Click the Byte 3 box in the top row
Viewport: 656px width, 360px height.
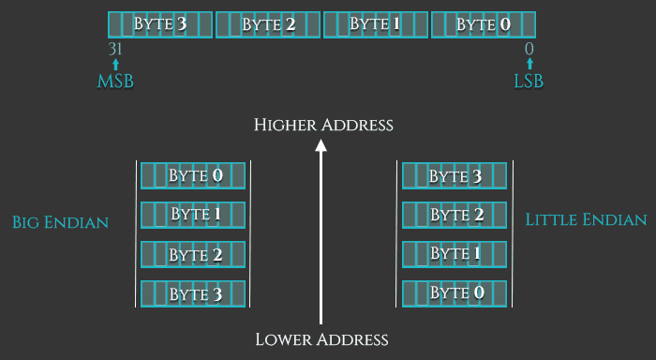coord(161,24)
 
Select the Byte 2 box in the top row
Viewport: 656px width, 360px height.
coord(268,24)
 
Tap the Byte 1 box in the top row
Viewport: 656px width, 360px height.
coord(376,24)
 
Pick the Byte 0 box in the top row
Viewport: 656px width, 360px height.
coord(484,24)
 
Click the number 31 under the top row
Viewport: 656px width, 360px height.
coord(116,49)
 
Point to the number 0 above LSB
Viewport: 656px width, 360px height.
coord(529,49)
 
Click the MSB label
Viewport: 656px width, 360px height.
coord(115,82)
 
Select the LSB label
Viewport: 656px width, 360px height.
coord(529,82)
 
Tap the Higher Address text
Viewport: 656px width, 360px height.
coord(322,125)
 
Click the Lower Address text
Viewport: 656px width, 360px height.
coord(321,339)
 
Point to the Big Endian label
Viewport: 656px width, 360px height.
coord(60,222)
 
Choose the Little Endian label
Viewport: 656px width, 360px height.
coord(586,220)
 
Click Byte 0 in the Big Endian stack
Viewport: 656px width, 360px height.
coord(194,175)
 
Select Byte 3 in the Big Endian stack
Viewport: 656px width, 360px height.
coord(194,294)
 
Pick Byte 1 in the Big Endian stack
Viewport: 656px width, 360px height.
coord(194,215)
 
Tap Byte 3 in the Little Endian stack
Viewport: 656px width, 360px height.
coord(455,175)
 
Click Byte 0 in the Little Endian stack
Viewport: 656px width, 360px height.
coord(455,294)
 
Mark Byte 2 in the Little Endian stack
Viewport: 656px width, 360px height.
coord(455,215)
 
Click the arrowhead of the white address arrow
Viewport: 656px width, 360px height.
coord(321,145)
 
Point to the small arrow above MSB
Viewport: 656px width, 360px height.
coord(115,65)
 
